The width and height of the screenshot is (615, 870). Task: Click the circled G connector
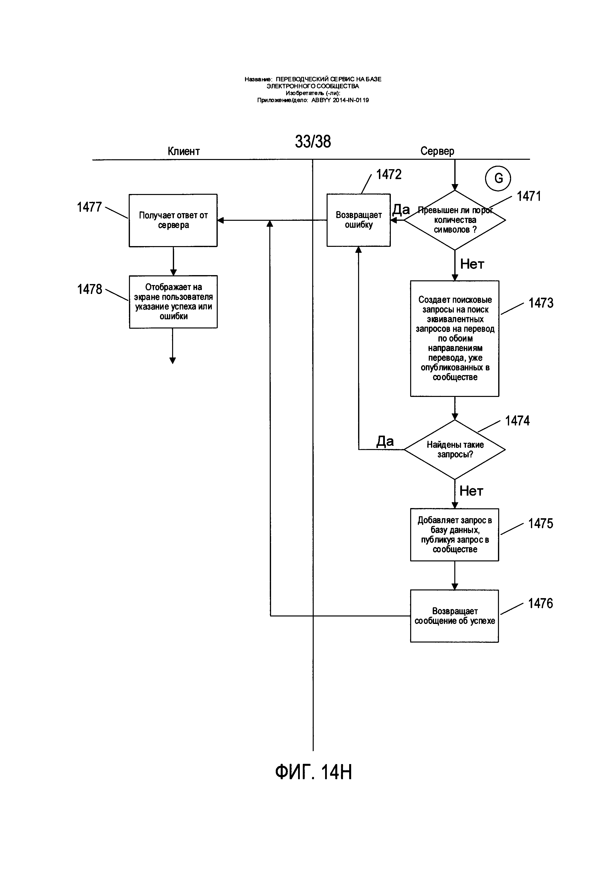(498, 178)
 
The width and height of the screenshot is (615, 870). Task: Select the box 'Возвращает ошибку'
(359, 220)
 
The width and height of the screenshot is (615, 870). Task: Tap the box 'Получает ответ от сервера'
(173, 220)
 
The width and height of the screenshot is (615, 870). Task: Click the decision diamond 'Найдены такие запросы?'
(455, 450)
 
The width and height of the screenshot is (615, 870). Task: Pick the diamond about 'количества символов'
(455, 220)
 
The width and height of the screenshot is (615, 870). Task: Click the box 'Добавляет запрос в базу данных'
(455, 535)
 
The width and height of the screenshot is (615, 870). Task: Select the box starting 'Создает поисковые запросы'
(455, 338)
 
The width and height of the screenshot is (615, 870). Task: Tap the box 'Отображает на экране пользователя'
(173, 302)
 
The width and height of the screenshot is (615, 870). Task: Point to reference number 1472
(389, 174)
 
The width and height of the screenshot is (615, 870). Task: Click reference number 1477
(89, 207)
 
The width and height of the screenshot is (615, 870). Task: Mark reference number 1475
(540, 524)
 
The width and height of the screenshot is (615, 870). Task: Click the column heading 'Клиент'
(184, 151)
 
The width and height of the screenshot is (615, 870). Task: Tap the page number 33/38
(313, 141)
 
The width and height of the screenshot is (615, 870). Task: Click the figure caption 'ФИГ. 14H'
(313, 772)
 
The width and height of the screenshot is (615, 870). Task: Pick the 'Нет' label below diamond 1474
(471, 491)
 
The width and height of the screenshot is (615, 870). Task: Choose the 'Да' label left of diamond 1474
(385, 441)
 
